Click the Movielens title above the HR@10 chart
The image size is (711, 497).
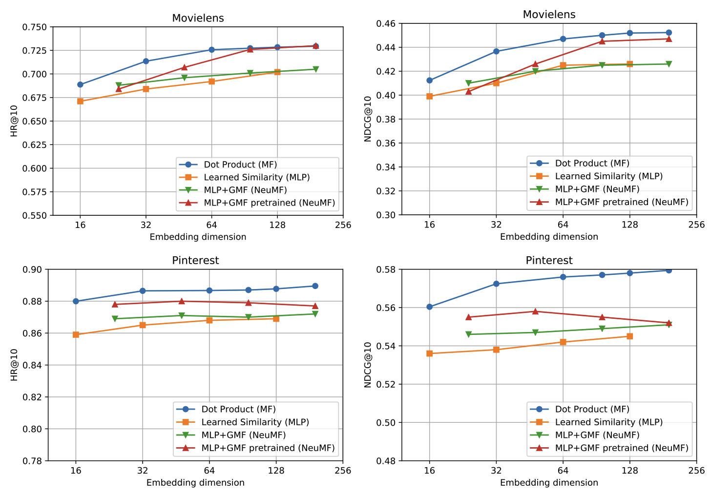198,18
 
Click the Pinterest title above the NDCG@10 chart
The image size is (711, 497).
549,260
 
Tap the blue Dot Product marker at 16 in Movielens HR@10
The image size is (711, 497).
80,84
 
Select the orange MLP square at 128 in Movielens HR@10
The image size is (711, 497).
277,72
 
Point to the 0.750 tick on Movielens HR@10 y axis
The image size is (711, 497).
35,27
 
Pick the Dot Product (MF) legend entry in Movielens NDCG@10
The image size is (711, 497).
592,164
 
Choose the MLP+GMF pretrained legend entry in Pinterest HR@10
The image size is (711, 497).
268,448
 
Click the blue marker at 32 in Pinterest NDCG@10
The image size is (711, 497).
496,284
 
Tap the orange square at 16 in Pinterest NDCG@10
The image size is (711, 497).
430,353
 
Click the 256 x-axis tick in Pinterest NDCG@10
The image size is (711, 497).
696,470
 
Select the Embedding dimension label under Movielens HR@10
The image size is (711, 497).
198,237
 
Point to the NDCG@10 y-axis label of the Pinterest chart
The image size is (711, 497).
368,365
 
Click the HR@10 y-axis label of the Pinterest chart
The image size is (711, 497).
14,365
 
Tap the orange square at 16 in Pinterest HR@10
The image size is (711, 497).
76,334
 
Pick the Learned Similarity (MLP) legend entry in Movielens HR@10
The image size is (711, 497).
256,177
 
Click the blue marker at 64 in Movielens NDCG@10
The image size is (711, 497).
563,39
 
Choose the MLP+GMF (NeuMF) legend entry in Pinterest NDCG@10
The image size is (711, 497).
597,435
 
